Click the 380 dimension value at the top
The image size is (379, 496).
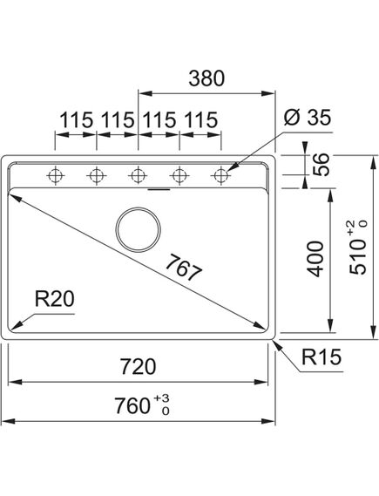pos(206,78)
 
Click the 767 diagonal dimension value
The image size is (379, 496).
pos(183,268)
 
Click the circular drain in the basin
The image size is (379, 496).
pos(138,229)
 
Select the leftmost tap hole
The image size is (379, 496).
pos(56,175)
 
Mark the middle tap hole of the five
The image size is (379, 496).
pos(137,175)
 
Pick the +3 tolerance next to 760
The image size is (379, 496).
pos(161,398)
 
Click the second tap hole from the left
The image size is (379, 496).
pos(96,175)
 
